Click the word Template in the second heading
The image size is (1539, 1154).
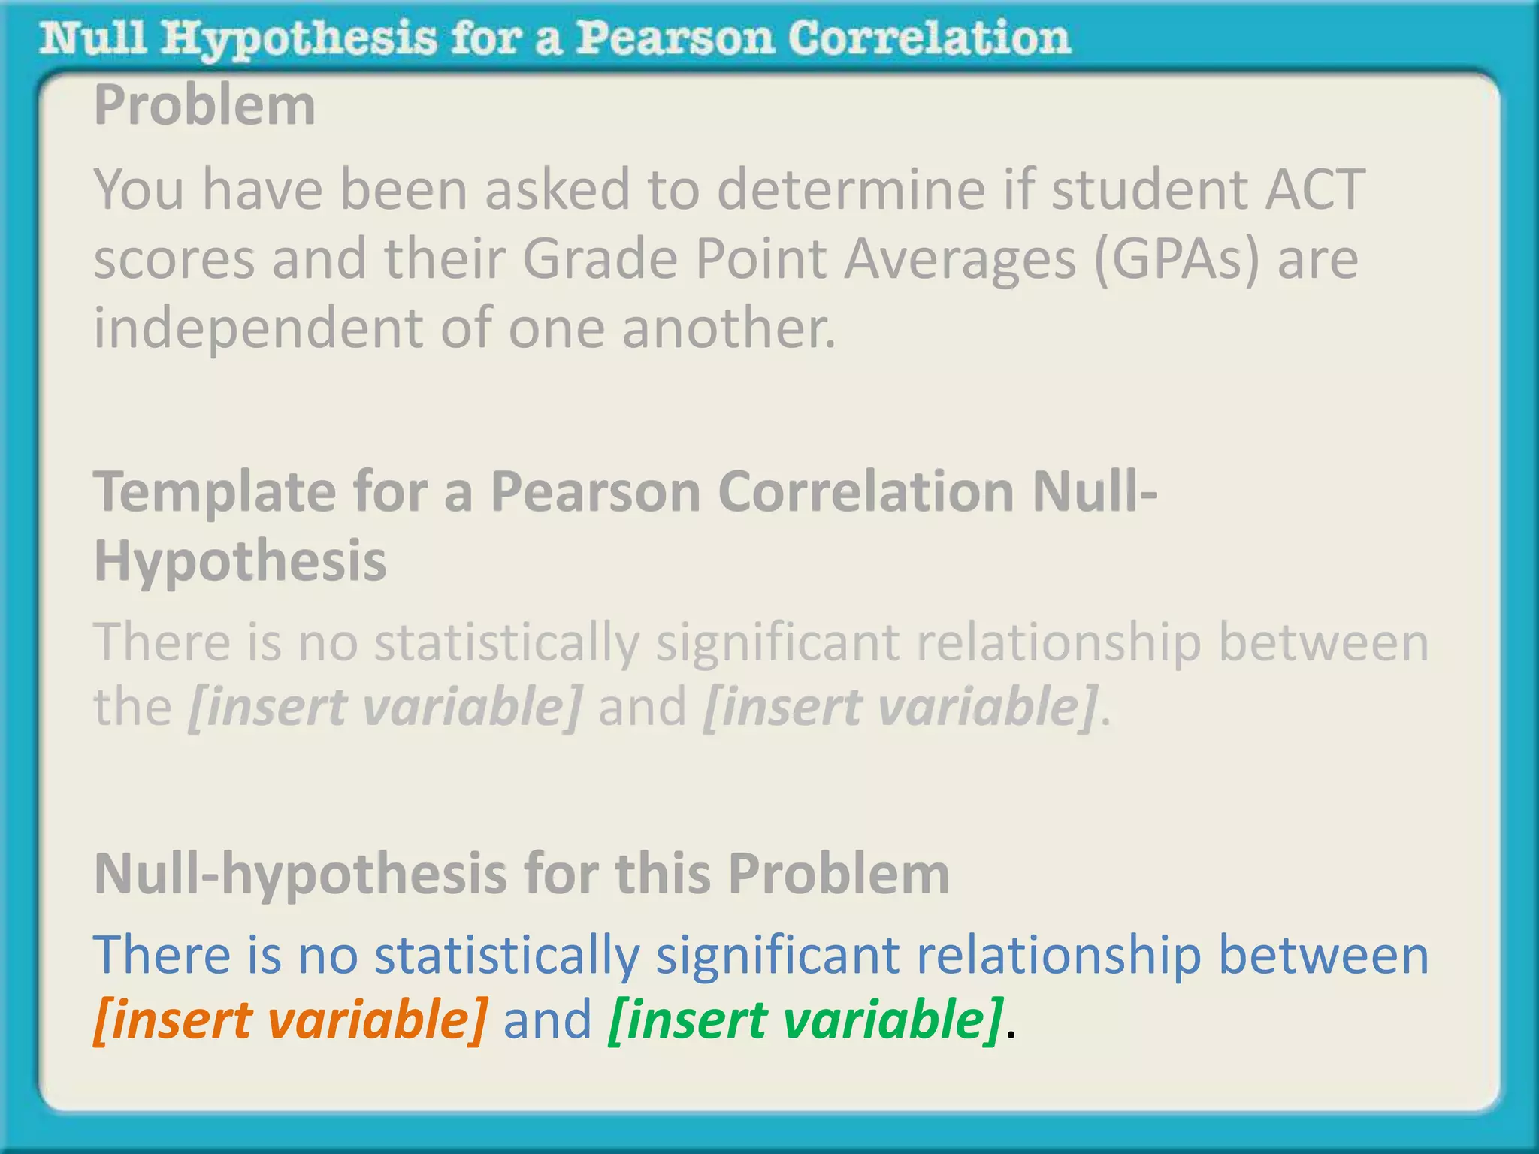(214, 493)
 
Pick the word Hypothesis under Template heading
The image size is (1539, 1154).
(240, 560)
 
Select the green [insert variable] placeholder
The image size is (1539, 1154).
(805, 1020)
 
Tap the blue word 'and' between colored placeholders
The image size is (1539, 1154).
(548, 1020)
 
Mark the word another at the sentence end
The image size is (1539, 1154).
(728, 329)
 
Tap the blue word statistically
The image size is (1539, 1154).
(507, 955)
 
